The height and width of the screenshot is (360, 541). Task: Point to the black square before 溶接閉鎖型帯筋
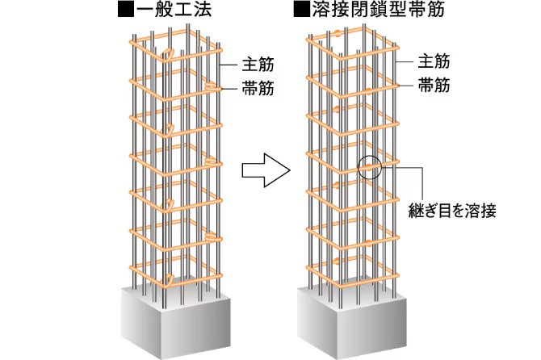[x=302, y=12]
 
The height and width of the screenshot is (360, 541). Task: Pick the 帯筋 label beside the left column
[x=256, y=89]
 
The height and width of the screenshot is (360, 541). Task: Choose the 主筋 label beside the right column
[x=437, y=61]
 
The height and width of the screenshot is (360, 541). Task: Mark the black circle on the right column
[x=367, y=169]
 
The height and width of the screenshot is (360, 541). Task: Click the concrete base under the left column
[x=174, y=319]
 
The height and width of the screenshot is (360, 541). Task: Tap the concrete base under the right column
[x=347, y=319]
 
